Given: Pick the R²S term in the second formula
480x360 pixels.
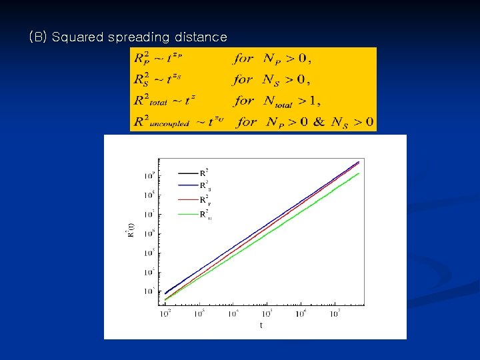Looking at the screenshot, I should [142, 81].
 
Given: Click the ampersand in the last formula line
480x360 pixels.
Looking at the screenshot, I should [319, 123].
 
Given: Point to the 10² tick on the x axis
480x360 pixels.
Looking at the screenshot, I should [165, 313].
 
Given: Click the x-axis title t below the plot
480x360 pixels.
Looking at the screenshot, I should [261, 325].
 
